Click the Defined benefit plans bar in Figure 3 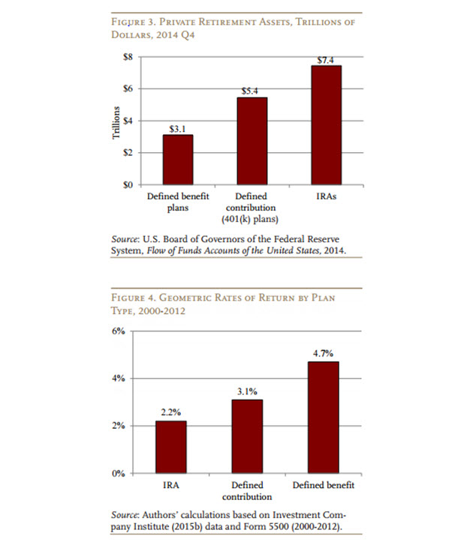tap(178, 159)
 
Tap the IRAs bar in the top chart tap(326, 124)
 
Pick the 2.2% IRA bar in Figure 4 tap(171, 447)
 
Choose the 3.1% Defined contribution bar tap(247, 436)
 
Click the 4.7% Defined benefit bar tap(324, 417)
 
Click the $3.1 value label tap(178, 128)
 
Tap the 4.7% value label tap(324, 352)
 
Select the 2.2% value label tap(171, 412)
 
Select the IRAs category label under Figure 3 tap(326, 197)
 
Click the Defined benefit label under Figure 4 tap(324, 486)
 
